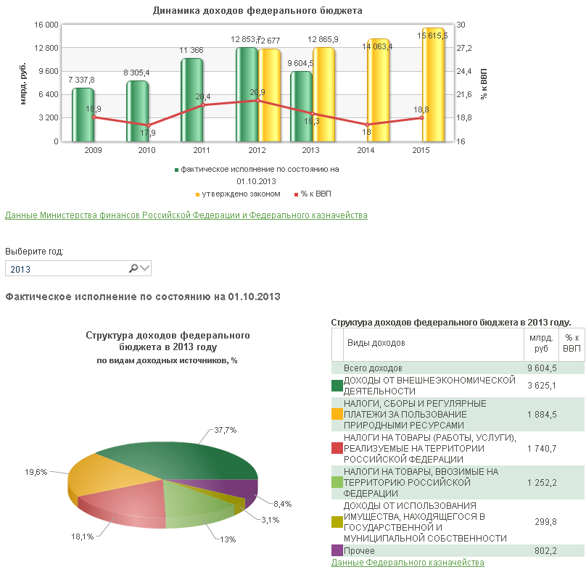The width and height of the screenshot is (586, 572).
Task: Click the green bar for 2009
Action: coord(83,115)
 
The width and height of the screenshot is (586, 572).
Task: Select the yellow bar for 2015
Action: coord(433,85)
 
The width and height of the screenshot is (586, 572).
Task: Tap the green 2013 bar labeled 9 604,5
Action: coord(301,107)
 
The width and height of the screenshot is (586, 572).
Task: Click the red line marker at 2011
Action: coord(203,105)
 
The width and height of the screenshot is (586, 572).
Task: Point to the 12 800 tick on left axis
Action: coord(46,48)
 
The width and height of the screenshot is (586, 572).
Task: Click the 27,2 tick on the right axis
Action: coord(464,48)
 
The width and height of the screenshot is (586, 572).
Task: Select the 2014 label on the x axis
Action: coord(366,150)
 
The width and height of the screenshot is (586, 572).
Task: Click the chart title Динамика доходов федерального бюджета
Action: coord(257,10)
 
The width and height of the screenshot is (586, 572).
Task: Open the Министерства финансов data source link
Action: coord(186,215)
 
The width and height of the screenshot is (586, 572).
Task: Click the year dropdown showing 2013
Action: coord(78,268)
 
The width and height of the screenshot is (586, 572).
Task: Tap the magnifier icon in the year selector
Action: coord(133,268)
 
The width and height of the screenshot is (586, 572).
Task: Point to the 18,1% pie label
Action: coord(82,537)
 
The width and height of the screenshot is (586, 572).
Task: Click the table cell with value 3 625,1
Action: coord(542,386)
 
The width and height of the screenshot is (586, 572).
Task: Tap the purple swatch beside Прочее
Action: coord(337,550)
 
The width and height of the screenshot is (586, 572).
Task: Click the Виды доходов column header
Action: coord(376,343)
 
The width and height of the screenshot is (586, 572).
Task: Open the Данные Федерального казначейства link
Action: coord(408,563)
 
